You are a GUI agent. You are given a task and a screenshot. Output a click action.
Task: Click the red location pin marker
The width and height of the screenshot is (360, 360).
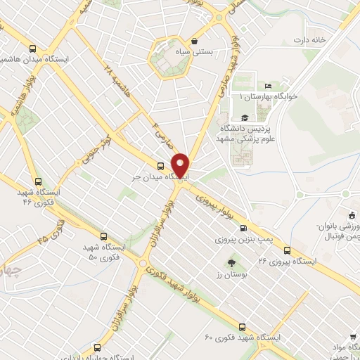(x=182, y=165)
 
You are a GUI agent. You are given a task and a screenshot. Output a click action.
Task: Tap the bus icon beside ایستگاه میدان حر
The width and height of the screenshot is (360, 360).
(x=161, y=167)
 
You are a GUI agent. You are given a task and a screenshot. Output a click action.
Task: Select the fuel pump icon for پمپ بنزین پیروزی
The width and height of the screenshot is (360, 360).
(x=243, y=228)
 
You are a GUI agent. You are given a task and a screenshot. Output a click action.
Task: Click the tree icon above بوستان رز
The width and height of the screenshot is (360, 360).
(x=223, y=264)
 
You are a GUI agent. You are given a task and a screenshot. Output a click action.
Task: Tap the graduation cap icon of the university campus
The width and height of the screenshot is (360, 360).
(x=244, y=117)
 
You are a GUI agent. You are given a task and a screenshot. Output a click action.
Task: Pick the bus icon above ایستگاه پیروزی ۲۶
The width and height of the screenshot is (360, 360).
(x=287, y=250)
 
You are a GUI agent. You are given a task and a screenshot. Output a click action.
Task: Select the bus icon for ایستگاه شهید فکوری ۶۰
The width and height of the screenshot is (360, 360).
(x=243, y=326)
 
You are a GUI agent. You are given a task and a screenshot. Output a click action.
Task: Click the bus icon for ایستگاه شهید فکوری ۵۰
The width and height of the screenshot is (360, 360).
(x=104, y=237)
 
